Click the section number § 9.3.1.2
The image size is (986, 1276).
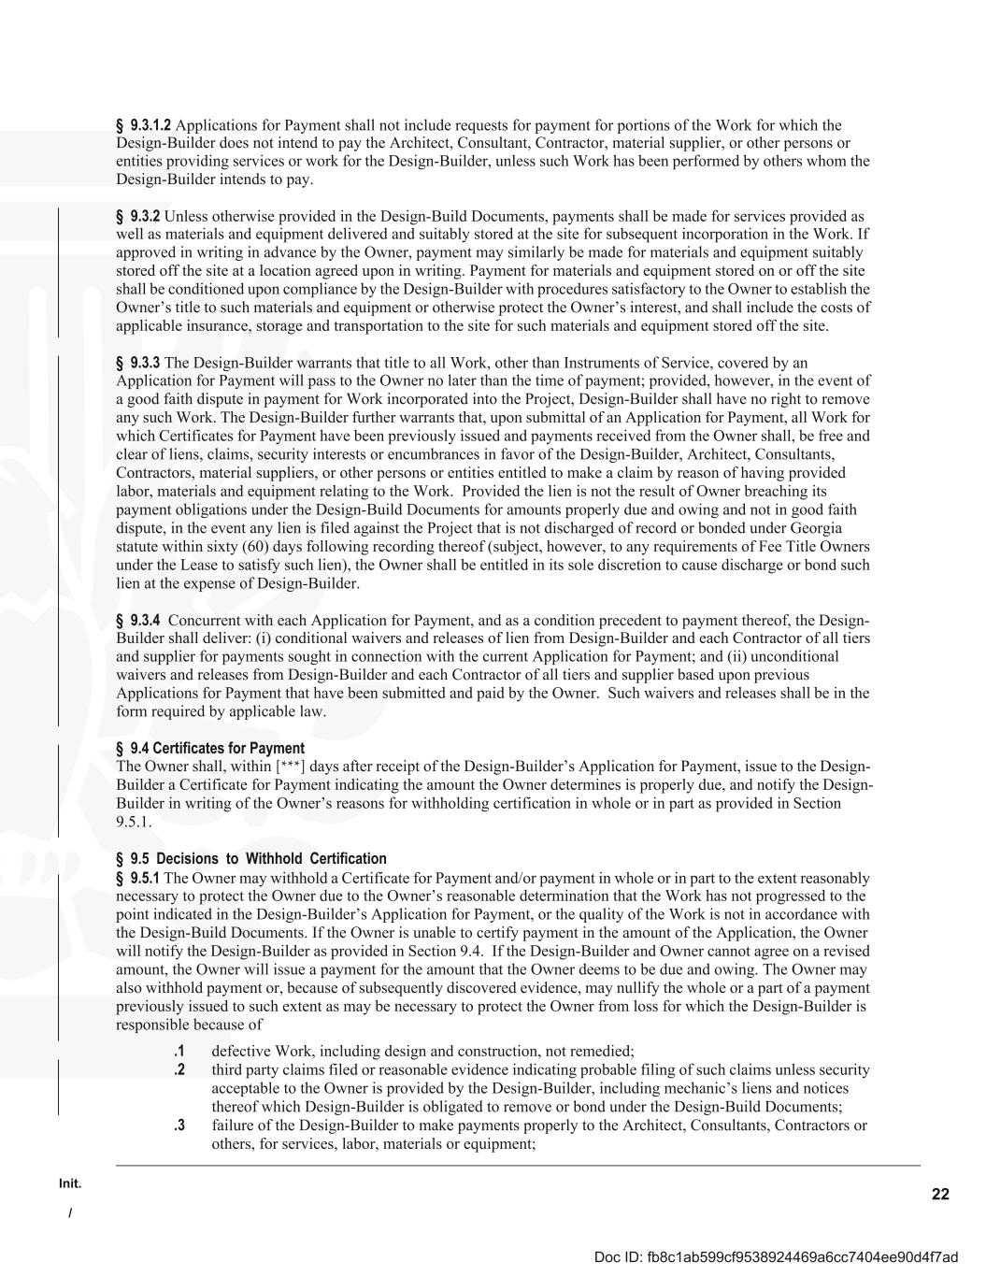(144, 125)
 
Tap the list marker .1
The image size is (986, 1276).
(179, 1052)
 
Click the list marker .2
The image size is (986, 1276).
(179, 1070)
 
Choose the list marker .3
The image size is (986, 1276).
(179, 1125)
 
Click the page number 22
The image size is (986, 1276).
(940, 1194)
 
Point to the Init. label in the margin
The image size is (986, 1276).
(70, 1183)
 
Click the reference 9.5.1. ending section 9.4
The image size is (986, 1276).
(134, 822)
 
